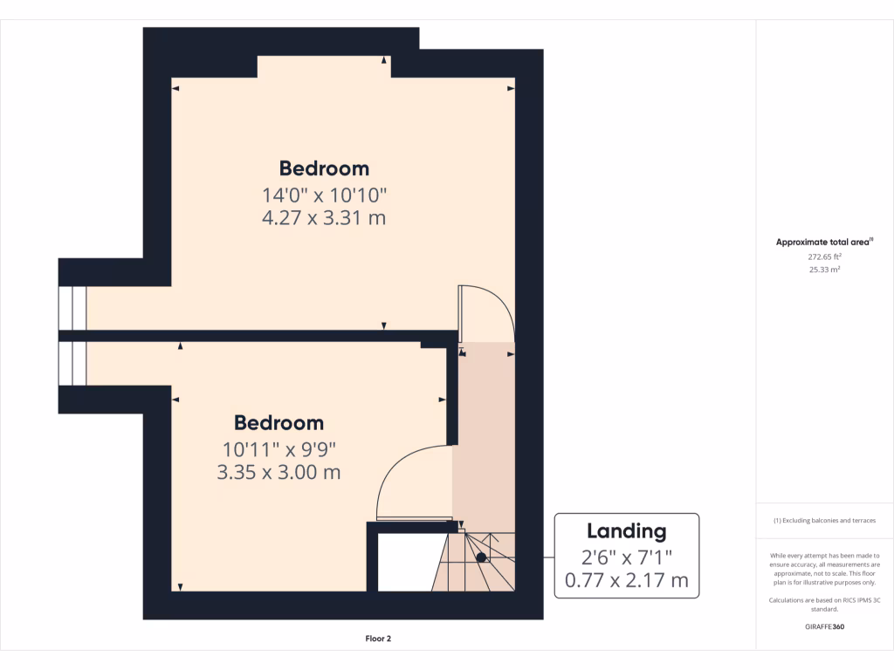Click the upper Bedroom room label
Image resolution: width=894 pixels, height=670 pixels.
324,168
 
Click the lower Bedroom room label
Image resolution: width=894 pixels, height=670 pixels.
279,423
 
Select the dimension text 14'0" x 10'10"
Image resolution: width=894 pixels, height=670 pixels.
324,195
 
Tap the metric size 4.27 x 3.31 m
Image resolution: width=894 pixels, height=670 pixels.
324,217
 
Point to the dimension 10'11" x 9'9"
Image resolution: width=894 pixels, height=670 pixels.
279,450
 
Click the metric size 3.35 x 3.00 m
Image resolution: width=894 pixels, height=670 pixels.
279,473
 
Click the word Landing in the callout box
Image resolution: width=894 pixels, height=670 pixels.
626,531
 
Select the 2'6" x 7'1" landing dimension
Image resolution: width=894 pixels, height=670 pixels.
626,556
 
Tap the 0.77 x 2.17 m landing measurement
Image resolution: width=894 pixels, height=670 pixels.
626,579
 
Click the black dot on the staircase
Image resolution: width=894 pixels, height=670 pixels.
481,557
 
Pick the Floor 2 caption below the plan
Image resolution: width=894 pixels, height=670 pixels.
378,639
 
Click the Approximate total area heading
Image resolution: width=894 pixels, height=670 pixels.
824,243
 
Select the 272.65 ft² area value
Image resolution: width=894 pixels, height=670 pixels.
824,257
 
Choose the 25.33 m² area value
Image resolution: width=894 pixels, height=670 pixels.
824,270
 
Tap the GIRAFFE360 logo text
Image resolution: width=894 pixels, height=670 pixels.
824,627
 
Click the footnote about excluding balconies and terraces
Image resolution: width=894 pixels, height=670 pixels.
824,521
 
